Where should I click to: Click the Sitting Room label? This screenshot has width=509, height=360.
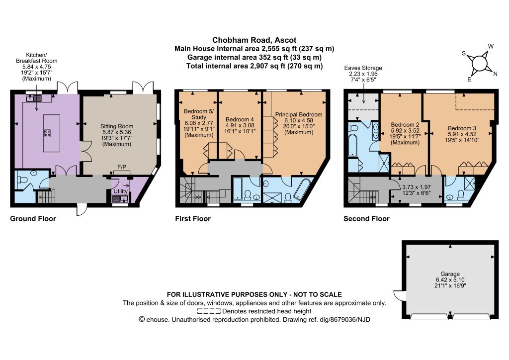pyautogui.click(x=116, y=126)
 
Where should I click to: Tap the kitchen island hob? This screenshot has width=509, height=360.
pyautogui.click(x=47, y=133)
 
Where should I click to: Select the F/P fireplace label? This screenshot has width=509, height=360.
pyautogui.click(x=122, y=167)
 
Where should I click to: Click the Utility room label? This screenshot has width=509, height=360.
pyautogui.click(x=120, y=191)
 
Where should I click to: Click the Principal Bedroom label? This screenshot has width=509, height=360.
pyautogui.click(x=299, y=114)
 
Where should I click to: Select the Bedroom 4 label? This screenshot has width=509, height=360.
pyautogui.click(x=240, y=119)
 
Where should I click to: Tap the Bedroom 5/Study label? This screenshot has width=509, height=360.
pyautogui.click(x=199, y=114)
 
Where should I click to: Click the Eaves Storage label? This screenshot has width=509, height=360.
pyautogui.click(x=363, y=68)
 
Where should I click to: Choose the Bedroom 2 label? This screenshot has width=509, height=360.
pyautogui.click(x=405, y=125)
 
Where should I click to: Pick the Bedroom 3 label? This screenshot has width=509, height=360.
pyautogui.click(x=462, y=128)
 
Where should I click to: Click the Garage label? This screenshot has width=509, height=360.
pyautogui.click(x=450, y=274)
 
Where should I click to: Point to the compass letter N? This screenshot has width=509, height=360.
pyautogui.click(x=495, y=74)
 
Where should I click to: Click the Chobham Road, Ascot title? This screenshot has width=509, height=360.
pyautogui.click(x=254, y=40)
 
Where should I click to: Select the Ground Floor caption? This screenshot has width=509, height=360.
pyautogui.click(x=33, y=219)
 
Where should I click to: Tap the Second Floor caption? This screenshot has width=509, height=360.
pyautogui.click(x=366, y=219)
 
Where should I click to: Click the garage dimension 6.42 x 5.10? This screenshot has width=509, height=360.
pyautogui.click(x=450, y=280)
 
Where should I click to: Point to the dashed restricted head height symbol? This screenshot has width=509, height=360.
pyautogui.click(x=209, y=311)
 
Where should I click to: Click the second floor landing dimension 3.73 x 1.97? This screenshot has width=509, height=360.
pyautogui.click(x=416, y=187)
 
